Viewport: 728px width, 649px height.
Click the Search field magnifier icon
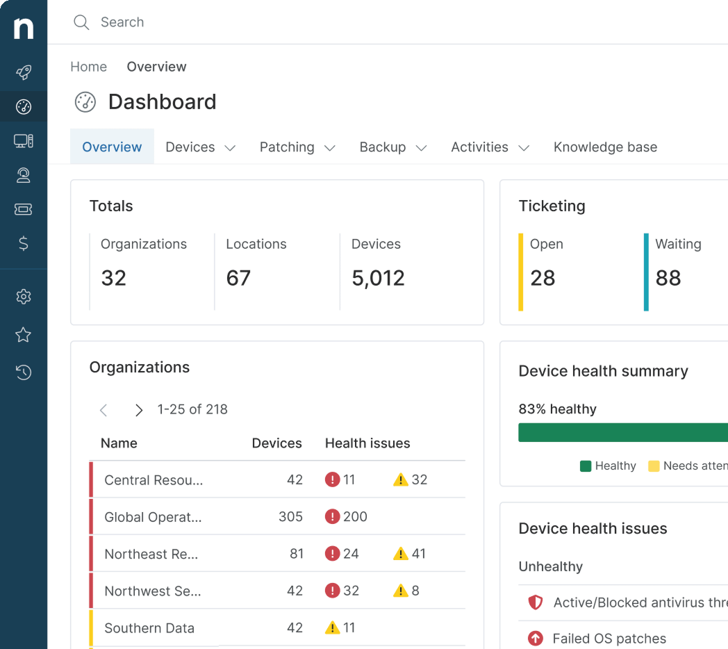pos(81,22)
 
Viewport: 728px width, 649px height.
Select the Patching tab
pos(287,147)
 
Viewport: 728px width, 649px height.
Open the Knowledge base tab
pos(605,147)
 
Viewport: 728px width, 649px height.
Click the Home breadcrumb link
pos(89,67)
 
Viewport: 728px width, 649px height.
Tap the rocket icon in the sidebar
pos(24,72)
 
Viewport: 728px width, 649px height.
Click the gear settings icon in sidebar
pos(24,297)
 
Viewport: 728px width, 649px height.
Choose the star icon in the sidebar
pos(24,335)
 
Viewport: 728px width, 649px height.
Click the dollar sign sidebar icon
pos(24,243)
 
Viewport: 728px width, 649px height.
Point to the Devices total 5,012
pos(378,278)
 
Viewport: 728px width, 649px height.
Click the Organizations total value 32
pos(114,278)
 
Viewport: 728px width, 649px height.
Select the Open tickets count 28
pos(543,278)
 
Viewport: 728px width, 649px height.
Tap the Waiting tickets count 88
pos(668,278)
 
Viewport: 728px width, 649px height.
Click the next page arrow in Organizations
pos(139,410)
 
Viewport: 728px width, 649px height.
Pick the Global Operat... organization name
pos(153,517)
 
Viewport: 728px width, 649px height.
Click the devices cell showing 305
pos(290,517)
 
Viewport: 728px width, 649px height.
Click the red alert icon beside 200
pos(332,517)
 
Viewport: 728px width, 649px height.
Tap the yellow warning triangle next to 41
pos(401,554)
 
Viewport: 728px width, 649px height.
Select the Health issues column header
pos(367,443)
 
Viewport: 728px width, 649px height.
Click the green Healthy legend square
pos(586,466)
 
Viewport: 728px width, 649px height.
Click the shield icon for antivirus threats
pos(536,602)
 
